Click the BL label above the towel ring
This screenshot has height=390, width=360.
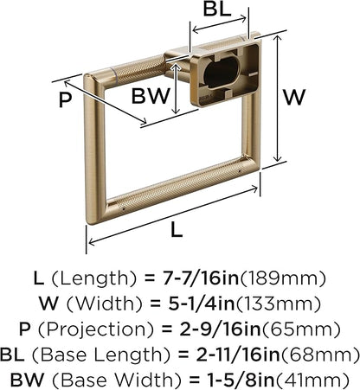(217, 9)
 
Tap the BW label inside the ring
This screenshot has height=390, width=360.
(151, 96)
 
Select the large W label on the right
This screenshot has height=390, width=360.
(294, 98)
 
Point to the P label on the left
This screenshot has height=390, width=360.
(65, 100)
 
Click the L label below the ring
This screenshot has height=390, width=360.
(177, 230)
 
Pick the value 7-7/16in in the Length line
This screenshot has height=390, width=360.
(201, 278)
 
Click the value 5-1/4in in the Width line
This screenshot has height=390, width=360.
(202, 304)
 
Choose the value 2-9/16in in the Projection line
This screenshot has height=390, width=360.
(220, 329)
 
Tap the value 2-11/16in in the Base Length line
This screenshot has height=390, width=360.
(238, 355)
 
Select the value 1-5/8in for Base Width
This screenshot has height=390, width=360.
(241, 380)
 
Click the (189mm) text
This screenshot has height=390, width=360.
(283, 278)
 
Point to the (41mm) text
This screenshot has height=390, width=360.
(312, 380)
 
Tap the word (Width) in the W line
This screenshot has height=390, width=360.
(105, 304)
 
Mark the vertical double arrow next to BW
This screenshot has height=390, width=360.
(176, 88)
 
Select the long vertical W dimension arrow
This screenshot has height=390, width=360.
(277, 99)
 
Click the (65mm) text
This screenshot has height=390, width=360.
(300, 329)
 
